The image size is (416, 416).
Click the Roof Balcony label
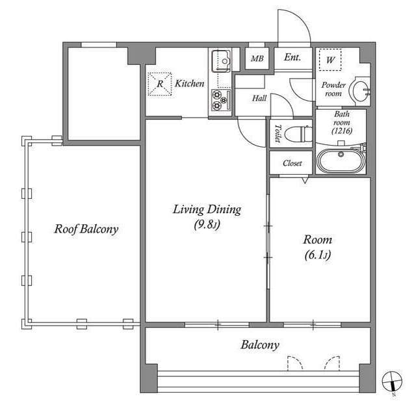pyautogui.click(x=86, y=229)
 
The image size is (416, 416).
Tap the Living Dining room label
pyautogui.click(x=207, y=209)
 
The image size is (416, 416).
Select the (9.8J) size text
pyautogui.click(x=207, y=226)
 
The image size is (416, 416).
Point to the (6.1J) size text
pyautogui.click(x=318, y=255)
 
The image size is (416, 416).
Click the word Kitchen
pyautogui.click(x=189, y=84)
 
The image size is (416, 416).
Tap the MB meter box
pyautogui.click(x=257, y=58)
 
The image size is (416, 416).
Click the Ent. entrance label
pyautogui.click(x=292, y=58)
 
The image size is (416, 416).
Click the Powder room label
pyautogui.click(x=333, y=89)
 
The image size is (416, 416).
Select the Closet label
pyautogui.click(x=292, y=163)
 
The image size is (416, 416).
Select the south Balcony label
pyautogui.click(x=260, y=345)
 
